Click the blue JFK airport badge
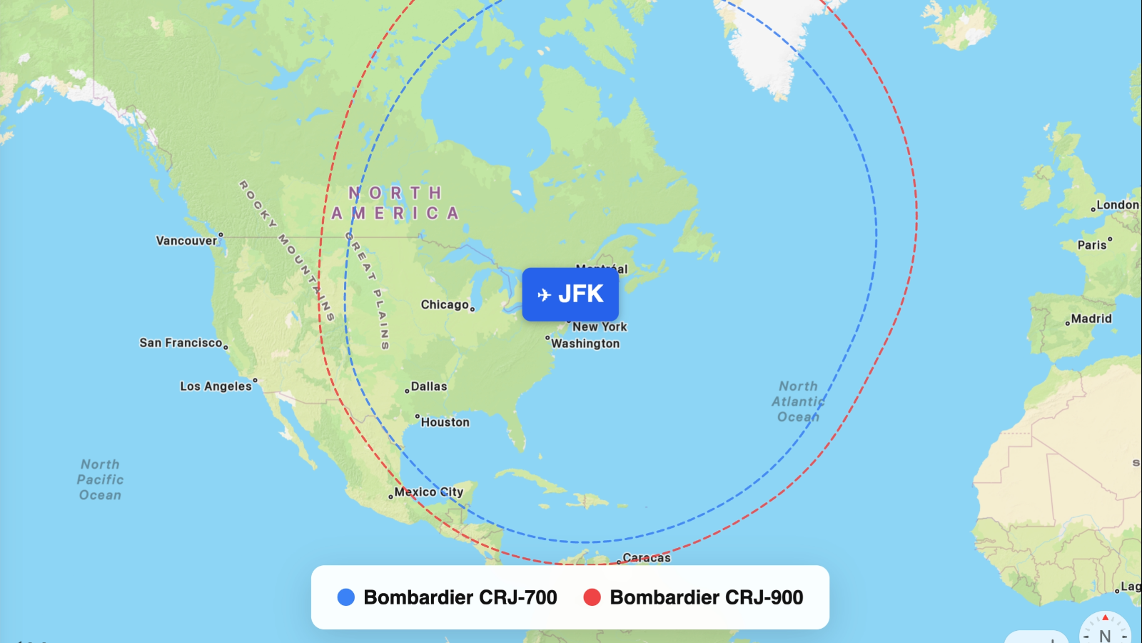570,294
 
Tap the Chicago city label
445,305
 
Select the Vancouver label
186,241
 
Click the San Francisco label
181,343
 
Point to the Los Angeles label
216,387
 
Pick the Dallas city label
429,387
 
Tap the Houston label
445,422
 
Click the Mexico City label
429,492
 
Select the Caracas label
646,557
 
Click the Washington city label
585,344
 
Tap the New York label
600,327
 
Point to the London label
1117,205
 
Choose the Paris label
1092,245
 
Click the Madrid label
1091,319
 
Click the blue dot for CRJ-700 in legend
346,597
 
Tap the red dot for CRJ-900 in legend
592,597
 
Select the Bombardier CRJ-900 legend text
707,597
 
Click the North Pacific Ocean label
100,479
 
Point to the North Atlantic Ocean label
798,402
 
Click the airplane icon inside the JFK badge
544,294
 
